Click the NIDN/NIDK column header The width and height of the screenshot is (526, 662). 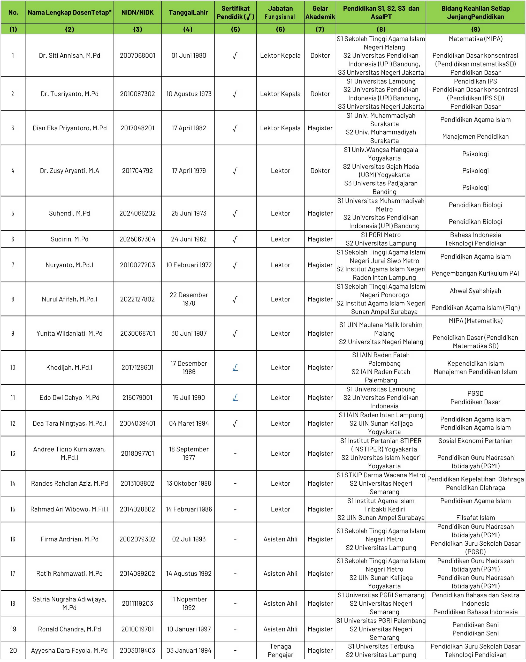(x=137, y=13)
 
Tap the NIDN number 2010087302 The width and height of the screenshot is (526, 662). (x=137, y=94)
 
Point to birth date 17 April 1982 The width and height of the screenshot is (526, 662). (x=189, y=128)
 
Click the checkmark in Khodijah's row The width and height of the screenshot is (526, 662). (x=235, y=367)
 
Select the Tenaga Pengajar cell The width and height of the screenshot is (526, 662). (x=280, y=650)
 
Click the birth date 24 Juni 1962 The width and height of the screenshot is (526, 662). (x=189, y=239)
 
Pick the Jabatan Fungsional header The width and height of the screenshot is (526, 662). (x=280, y=13)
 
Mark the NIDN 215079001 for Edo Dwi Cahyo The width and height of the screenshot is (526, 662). (x=137, y=398)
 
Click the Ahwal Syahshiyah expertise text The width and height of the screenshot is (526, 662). (x=475, y=291)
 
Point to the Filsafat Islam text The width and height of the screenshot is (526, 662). (x=475, y=518)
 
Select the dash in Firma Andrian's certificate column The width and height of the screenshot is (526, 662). (x=235, y=539)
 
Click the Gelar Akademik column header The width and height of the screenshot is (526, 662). (x=320, y=13)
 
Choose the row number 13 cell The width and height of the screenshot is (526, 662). (x=13, y=454)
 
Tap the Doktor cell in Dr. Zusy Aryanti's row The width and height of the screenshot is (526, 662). (x=320, y=171)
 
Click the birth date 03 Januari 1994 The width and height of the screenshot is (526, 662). (x=189, y=650)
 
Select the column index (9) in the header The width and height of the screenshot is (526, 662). (x=475, y=29)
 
